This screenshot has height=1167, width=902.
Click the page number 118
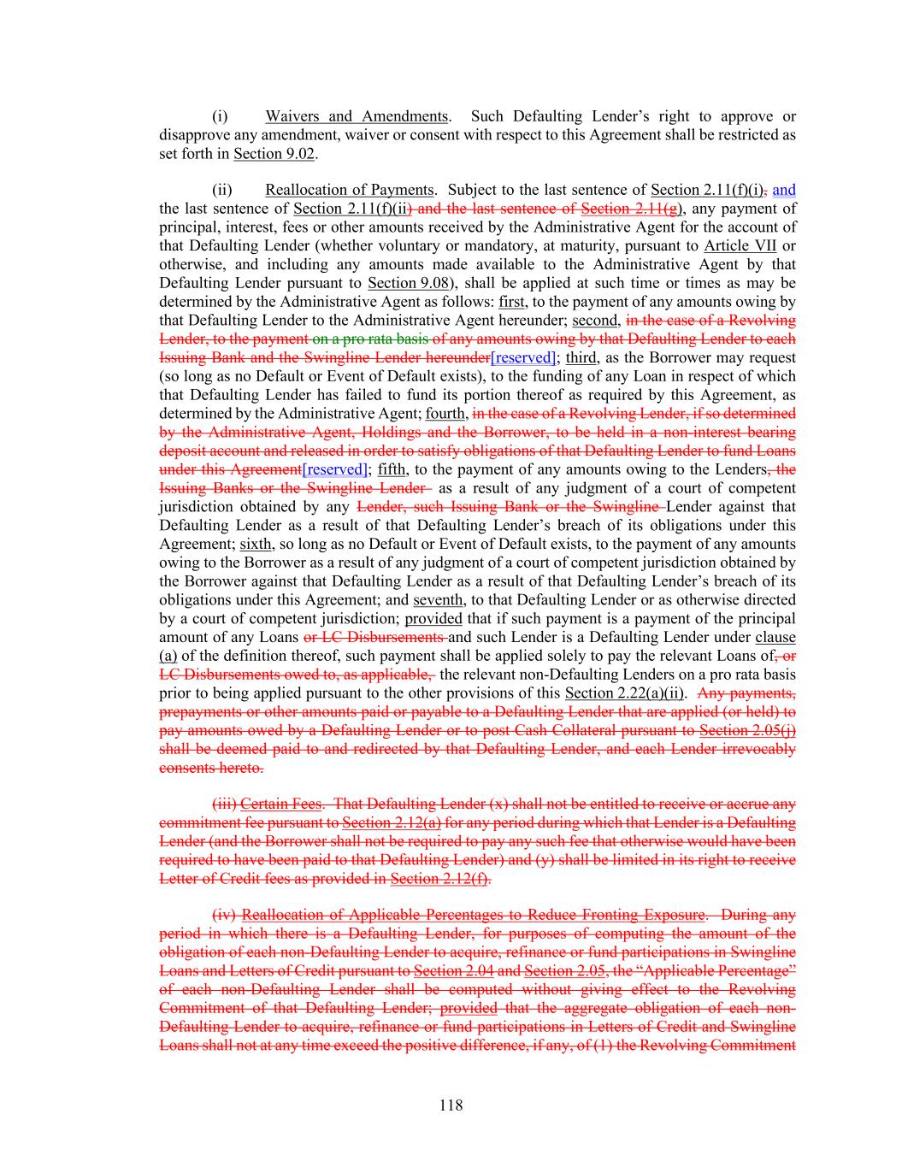pyautogui.click(x=451, y=1105)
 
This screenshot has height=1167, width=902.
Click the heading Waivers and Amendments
pyautogui.click(x=356, y=116)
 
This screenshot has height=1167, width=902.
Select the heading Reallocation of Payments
pyautogui.click(x=349, y=190)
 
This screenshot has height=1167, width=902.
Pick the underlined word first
pyautogui.click(x=511, y=302)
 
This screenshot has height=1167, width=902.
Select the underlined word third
pyautogui.click(x=581, y=358)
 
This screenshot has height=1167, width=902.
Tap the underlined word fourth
pyautogui.click(x=445, y=414)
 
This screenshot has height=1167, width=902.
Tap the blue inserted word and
pyautogui.click(x=784, y=190)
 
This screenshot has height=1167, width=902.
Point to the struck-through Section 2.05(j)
pyautogui.click(x=747, y=731)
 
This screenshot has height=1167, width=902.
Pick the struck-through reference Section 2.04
pyautogui.click(x=453, y=971)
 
